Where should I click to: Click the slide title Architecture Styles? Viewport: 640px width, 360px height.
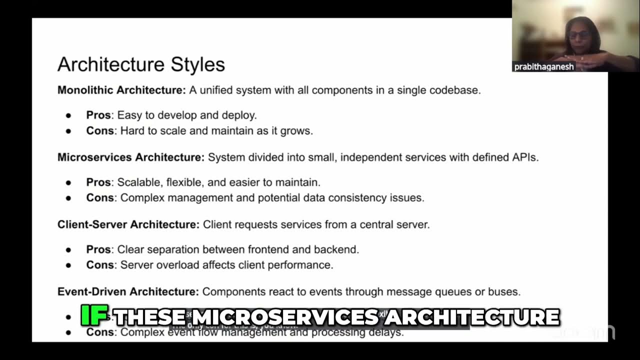[141, 64]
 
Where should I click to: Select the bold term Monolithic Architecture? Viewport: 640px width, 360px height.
[121, 90]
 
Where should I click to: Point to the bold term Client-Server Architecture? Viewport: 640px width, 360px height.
[128, 224]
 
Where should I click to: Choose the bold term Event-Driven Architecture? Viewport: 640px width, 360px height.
[128, 291]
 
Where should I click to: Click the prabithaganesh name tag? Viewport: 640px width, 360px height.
[544, 66]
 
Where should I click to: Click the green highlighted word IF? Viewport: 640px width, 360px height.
[94, 315]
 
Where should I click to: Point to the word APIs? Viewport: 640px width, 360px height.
[524, 157]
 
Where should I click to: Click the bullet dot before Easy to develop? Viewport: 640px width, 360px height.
[68, 116]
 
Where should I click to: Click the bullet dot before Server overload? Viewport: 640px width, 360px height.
[68, 265]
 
